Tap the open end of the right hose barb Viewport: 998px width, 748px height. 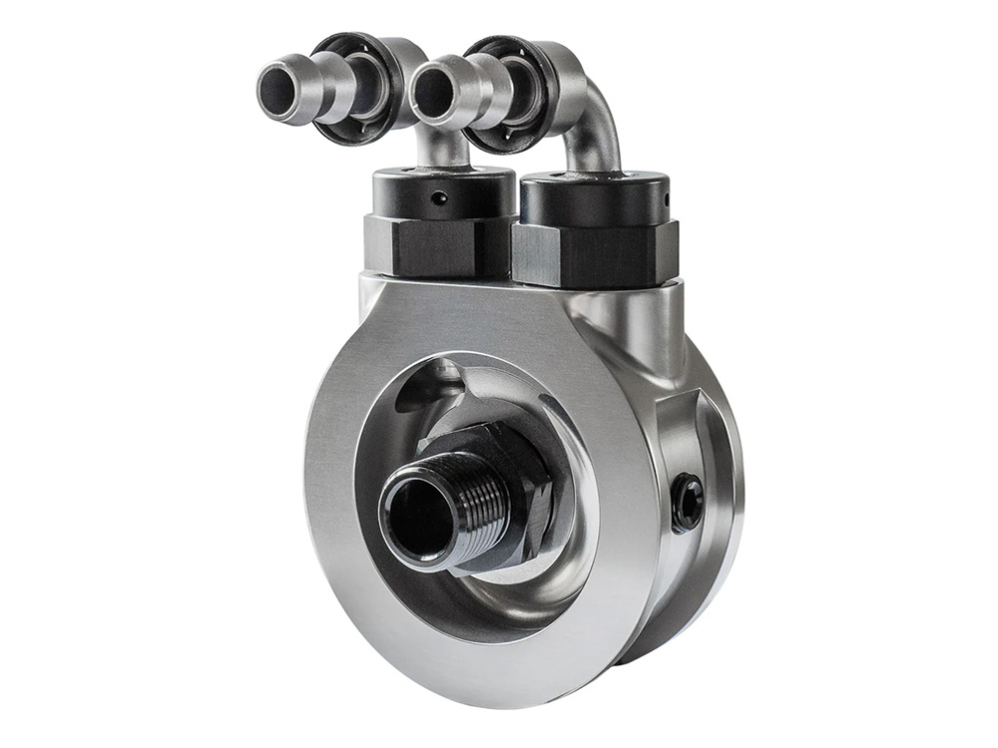pyautogui.click(x=431, y=91)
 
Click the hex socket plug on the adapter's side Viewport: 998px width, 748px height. pyautogui.click(x=687, y=496)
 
